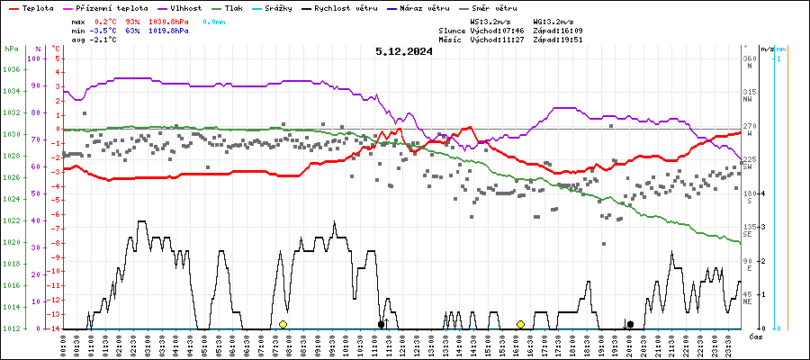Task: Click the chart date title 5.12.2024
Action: point(404,51)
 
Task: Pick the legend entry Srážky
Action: point(288,7)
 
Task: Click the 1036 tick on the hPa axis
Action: point(11,69)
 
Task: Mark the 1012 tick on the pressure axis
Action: point(11,328)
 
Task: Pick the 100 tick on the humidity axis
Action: point(35,58)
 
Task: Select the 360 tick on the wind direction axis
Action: point(747,58)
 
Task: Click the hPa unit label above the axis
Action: point(11,49)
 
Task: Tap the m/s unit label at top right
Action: point(767,49)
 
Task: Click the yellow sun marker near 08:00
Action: point(283,324)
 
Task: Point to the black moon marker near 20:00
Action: point(630,324)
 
